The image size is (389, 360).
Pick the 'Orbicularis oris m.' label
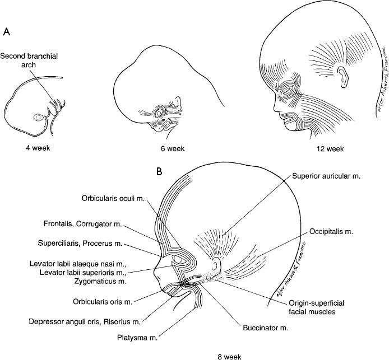(x=102, y=302)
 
